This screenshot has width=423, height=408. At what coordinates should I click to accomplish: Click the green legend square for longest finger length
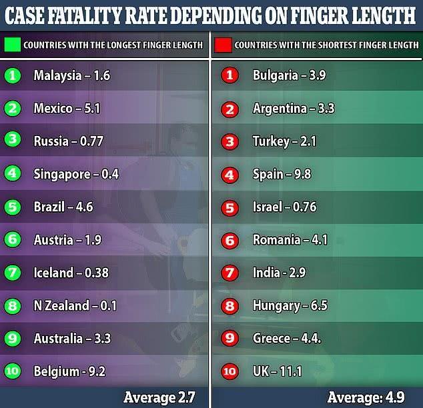[x=12, y=45]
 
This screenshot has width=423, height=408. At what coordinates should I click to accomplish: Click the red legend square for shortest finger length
[x=223, y=45]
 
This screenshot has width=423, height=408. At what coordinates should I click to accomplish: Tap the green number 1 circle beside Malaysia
[x=11, y=75]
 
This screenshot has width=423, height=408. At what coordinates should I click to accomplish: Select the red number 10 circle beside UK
[x=230, y=372]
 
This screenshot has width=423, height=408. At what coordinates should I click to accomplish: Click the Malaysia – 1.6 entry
[x=71, y=75]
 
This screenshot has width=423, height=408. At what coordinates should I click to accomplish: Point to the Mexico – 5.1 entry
[x=67, y=108]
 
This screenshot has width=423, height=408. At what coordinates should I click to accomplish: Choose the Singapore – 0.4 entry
[x=76, y=174]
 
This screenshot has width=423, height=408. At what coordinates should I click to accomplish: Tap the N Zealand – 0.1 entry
[x=75, y=306]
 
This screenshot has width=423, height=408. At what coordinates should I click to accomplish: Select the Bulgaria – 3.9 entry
[x=288, y=75]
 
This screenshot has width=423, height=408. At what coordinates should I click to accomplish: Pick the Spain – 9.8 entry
[x=282, y=174]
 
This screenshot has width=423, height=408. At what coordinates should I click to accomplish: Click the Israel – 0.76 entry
[x=284, y=207]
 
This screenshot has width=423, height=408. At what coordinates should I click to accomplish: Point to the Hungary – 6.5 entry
[x=290, y=306]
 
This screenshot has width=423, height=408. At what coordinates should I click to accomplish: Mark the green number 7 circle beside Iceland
[x=11, y=273]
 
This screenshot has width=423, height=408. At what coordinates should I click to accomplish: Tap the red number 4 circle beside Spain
[x=230, y=174]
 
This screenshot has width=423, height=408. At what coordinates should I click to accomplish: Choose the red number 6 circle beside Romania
[x=230, y=240]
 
